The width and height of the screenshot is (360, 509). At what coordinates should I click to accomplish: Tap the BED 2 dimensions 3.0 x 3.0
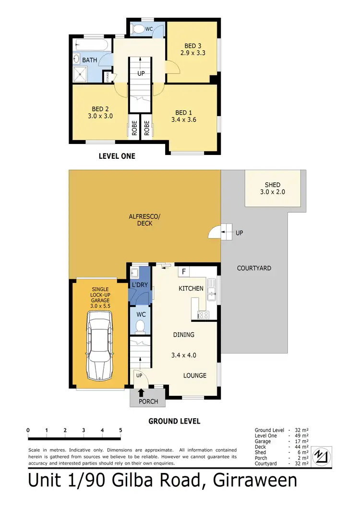click(x=100, y=116)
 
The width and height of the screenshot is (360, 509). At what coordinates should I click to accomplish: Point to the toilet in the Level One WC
click(x=139, y=29)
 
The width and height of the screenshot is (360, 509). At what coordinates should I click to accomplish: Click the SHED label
click(x=272, y=185)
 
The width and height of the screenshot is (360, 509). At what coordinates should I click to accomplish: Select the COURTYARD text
click(x=254, y=268)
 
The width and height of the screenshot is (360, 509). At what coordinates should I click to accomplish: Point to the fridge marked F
click(x=183, y=272)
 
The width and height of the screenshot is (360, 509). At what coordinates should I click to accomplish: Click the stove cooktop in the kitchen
click(x=203, y=315)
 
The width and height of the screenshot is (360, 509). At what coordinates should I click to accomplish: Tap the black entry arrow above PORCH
click(x=141, y=393)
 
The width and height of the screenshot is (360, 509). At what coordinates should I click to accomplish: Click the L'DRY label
click(x=140, y=285)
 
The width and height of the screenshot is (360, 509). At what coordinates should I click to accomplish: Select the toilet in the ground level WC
click(x=140, y=327)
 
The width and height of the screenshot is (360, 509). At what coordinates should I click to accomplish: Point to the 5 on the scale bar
click(x=120, y=430)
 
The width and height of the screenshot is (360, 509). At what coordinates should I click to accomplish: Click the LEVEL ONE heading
click(x=117, y=156)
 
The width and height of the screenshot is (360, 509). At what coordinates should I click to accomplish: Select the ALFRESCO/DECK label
click(x=144, y=220)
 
